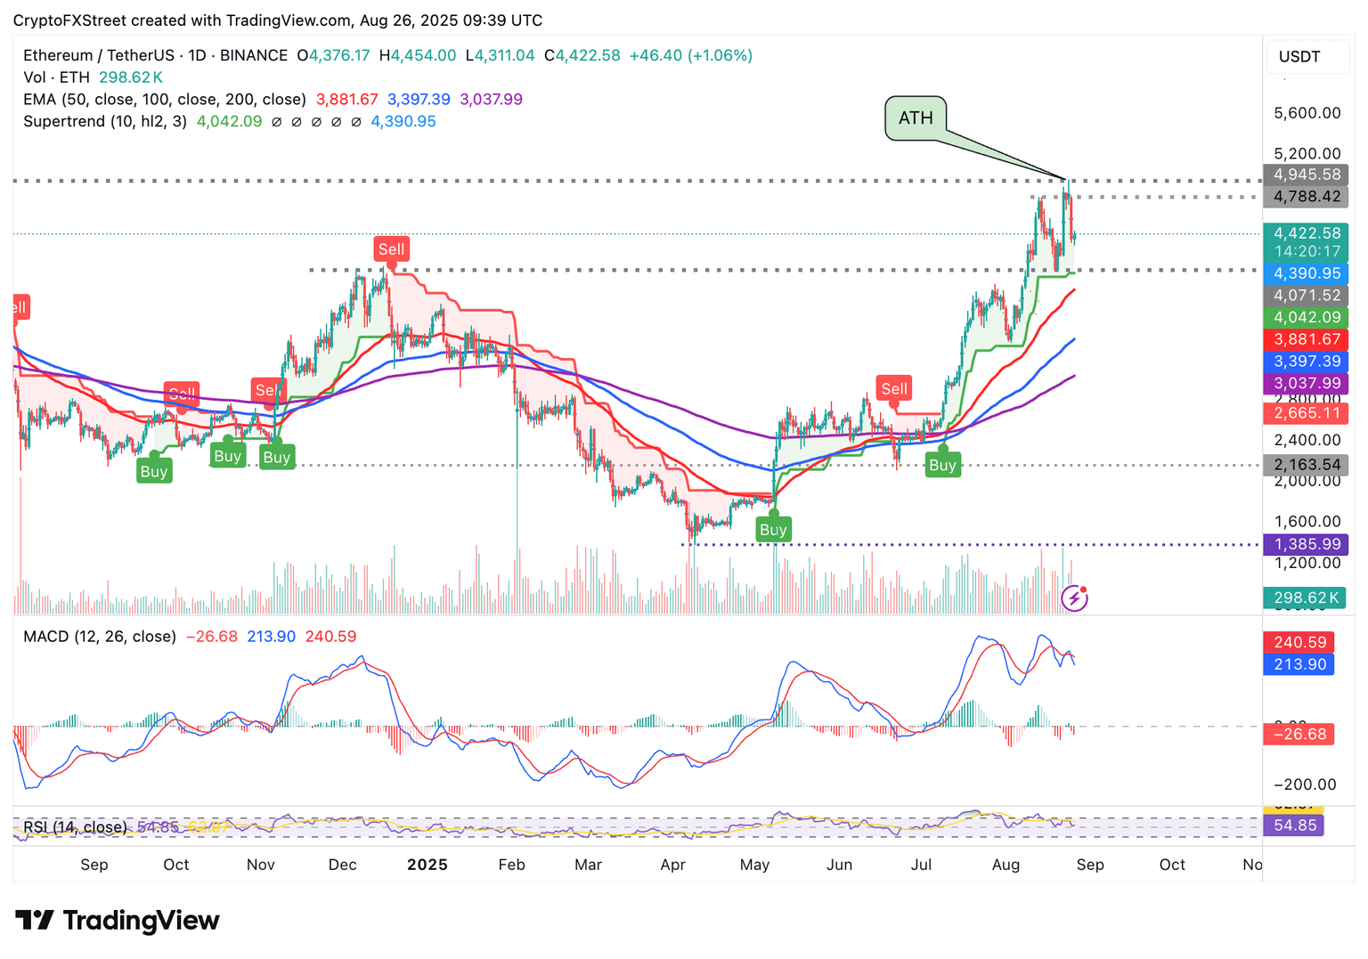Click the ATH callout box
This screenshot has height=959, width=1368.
pyautogui.click(x=916, y=118)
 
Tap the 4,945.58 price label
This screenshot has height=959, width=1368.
pyautogui.click(x=1306, y=175)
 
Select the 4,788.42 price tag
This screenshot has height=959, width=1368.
pyautogui.click(x=1306, y=197)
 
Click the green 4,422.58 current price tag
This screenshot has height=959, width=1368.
pyautogui.click(x=1306, y=233)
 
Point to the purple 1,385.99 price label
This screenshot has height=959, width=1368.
pyautogui.click(x=1306, y=545)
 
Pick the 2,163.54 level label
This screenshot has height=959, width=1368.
pyautogui.click(x=1306, y=465)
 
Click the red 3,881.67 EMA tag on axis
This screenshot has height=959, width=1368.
pyautogui.click(x=1306, y=339)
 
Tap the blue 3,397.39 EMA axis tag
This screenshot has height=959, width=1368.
pyautogui.click(x=1306, y=362)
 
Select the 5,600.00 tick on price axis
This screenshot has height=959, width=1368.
pyautogui.click(x=1307, y=113)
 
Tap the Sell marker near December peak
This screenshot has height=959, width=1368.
pyautogui.click(x=391, y=249)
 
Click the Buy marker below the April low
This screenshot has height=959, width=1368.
pyautogui.click(x=773, y=530)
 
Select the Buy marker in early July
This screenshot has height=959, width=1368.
pyautogui.click(x=942, y=465)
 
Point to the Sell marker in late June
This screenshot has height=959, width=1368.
pyautogui.click(x=894, y=388)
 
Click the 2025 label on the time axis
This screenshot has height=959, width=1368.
pyautogui.click(x=427, y=865)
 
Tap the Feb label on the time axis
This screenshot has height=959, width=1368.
pyautogui.click(x=511, y=865)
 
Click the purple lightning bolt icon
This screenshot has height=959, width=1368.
pyautogui.click(x=1075, y=597)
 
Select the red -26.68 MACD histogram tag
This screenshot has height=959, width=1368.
pyautogui.click(x=1299, y=735)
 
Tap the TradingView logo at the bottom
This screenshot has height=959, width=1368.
pyautogui.click(x=118, y=921)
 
